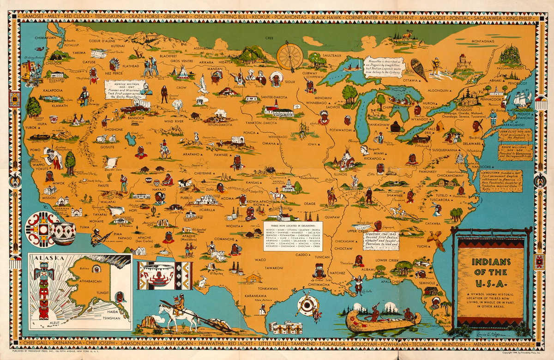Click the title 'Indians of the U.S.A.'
(x=490, y=272)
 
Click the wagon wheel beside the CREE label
(x=289, y=57)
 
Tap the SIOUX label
(x=290, y=82)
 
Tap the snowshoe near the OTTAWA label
(x=419, y=69)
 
